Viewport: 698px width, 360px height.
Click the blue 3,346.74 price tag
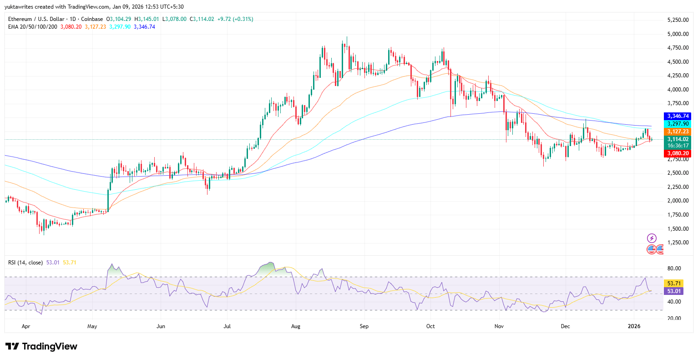tap(678, 117)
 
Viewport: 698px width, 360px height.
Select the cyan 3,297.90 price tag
tap(678, 124)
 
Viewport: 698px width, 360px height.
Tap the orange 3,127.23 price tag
tap(678, 132)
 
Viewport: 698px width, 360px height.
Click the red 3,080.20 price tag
tap(678, 154)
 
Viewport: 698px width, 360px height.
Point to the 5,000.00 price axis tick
tap(677, 34)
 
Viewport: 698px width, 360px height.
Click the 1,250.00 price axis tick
tap(677, 243)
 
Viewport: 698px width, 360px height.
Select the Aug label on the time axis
tap(295, 326)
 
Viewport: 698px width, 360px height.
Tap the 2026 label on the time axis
tap(634, 326)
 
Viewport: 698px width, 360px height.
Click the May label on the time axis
tap(92, 326)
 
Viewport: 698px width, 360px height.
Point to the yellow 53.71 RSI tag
tap(673, 284)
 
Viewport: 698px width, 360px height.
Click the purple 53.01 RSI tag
tap(673, 291)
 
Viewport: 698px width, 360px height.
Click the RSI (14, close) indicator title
tap(25, 263)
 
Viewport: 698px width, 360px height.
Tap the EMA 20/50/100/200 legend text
tap(33, 27)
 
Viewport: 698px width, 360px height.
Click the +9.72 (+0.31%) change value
tap(235, 19)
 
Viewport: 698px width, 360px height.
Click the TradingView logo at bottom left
tap(41, 346)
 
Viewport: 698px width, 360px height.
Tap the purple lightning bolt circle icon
tap(652, 238)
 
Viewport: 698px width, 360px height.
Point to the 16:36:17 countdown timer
tap(678, 146)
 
